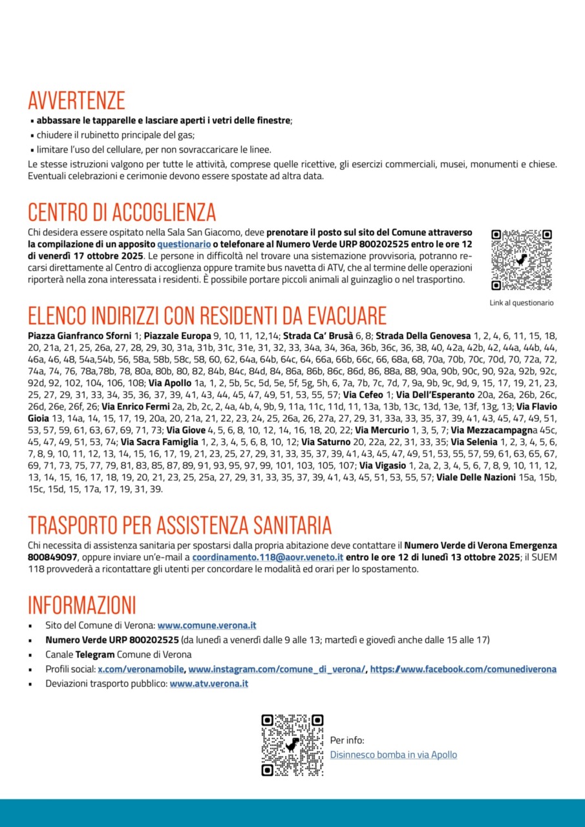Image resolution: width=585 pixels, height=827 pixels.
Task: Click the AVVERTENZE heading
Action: click(76, 101)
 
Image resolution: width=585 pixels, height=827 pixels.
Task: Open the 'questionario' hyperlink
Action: click(184, 244)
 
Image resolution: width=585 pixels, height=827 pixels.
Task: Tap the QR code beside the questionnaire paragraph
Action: click(521, 260)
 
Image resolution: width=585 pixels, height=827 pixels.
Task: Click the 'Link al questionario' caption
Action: click(522, 302)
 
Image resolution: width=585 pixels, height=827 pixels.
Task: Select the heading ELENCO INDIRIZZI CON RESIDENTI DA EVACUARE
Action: click(207, 315)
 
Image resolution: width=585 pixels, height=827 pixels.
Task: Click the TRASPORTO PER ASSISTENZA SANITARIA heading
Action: click(180, 525)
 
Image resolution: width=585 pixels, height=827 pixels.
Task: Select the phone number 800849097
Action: click(53, 557)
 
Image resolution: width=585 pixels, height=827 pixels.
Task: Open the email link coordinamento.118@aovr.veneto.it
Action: click(268, 557)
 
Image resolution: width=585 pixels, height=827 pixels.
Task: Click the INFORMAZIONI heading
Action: click(82, 605)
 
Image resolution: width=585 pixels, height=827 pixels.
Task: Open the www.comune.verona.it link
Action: click(207, 625)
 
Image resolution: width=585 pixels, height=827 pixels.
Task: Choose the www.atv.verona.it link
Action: click(209, 684)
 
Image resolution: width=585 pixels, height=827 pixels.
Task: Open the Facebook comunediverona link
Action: click(463, 669)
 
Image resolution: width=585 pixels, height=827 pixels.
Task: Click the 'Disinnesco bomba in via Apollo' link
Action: click(393, 755)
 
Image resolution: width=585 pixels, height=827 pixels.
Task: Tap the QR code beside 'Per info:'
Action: click(292, 745)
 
